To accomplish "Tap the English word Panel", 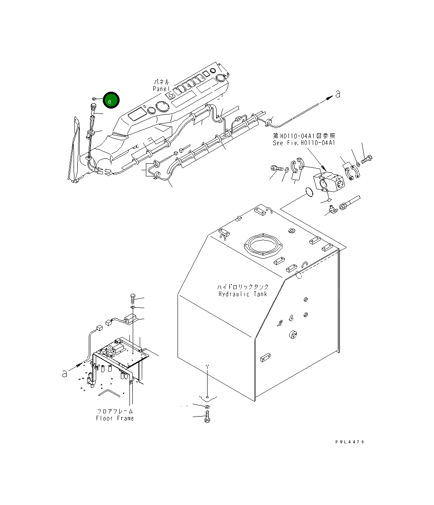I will tap(161, 89).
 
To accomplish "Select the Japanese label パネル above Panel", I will tap(161, 82).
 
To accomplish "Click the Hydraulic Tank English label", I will tap(242, 294).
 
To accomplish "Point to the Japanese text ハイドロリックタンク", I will tap(242, 287).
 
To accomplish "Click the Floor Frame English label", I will tap(115, 418).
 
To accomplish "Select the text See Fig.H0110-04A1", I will tap(304, 143).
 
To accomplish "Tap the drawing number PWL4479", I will tap(349, 442).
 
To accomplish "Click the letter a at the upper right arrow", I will tap(338, 94).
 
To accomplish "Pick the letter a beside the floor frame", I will tap(65, 374).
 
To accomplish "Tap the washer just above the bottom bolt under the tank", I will tap(207, 407).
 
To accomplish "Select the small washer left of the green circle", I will tap(94, 99).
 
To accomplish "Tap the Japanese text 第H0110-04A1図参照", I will tap(304, 135).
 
